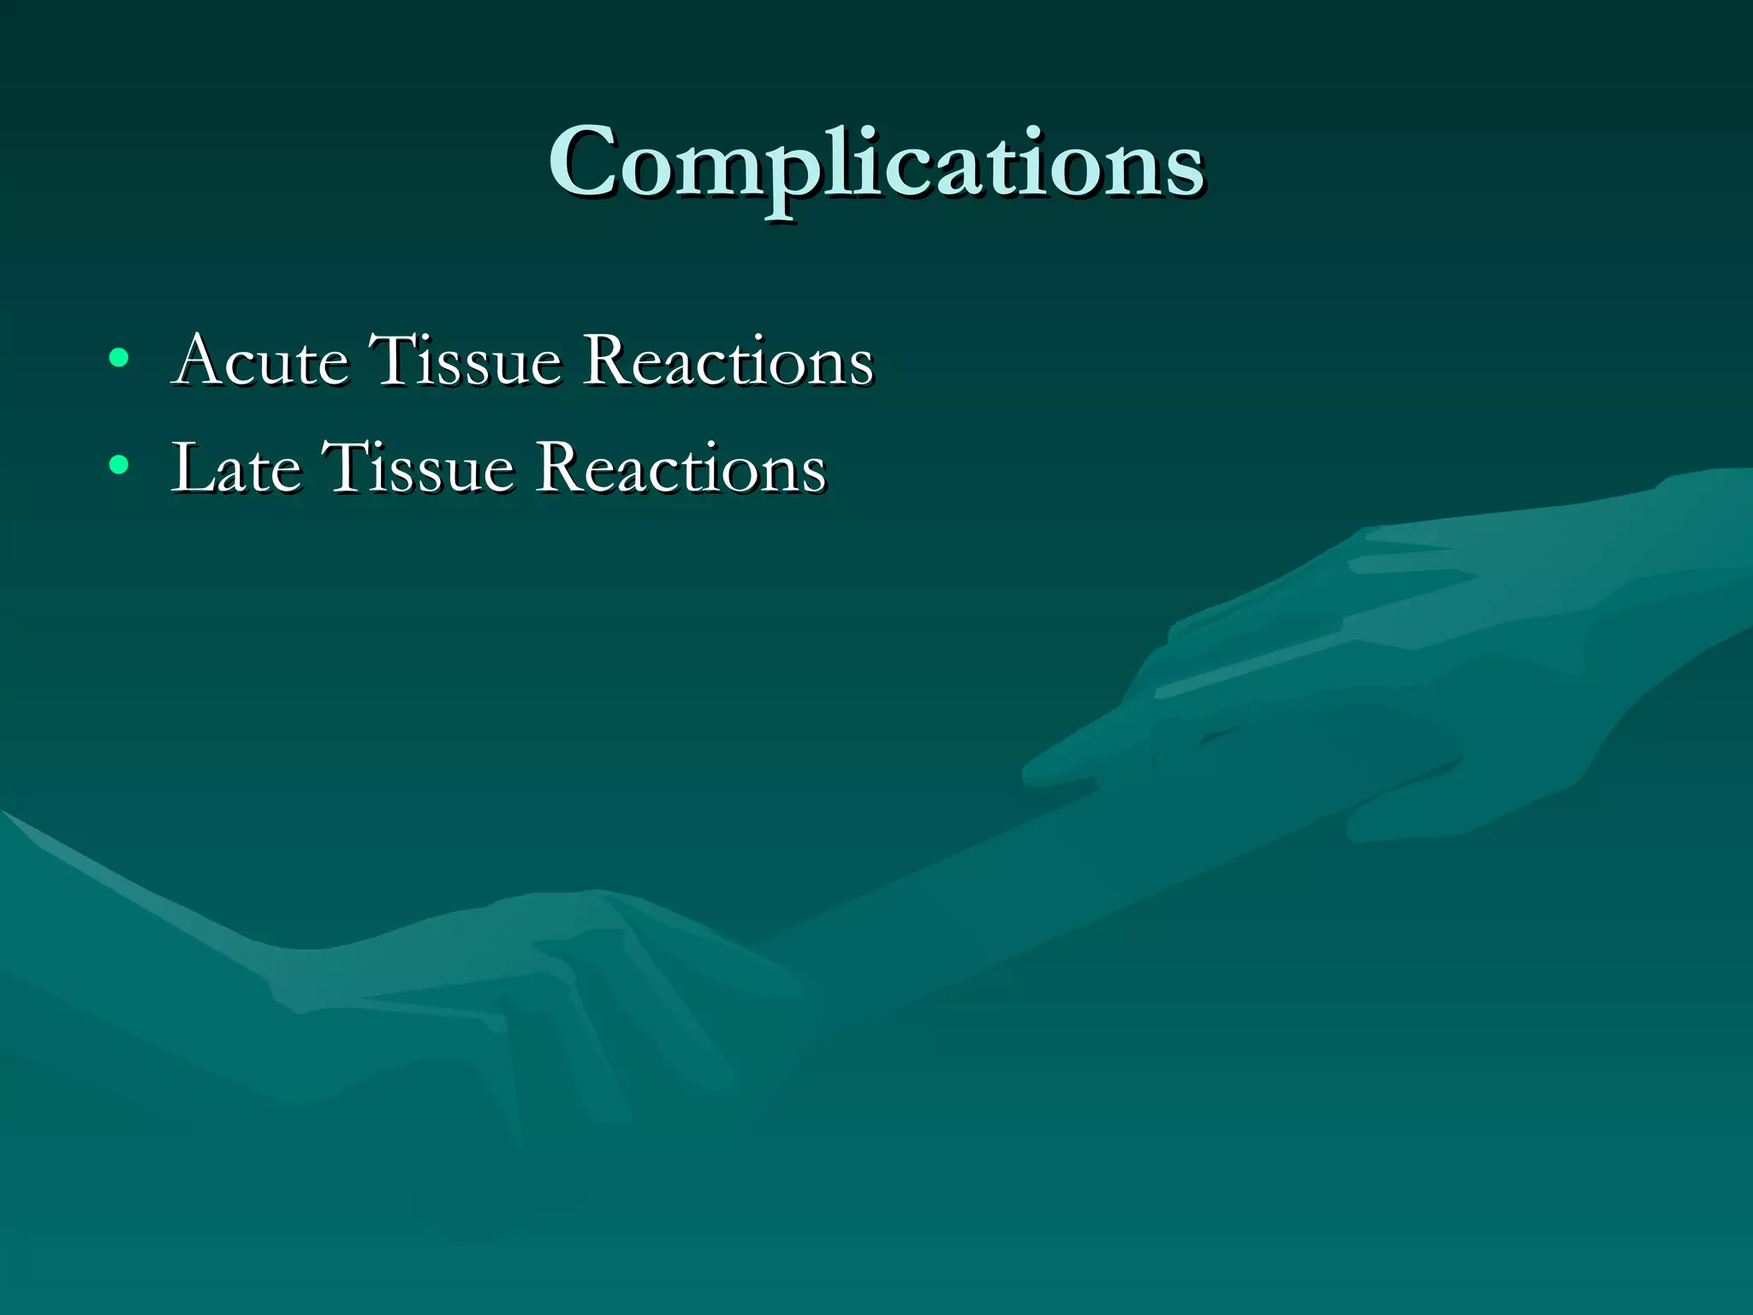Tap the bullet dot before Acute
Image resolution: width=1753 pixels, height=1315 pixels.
point(119,358)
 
